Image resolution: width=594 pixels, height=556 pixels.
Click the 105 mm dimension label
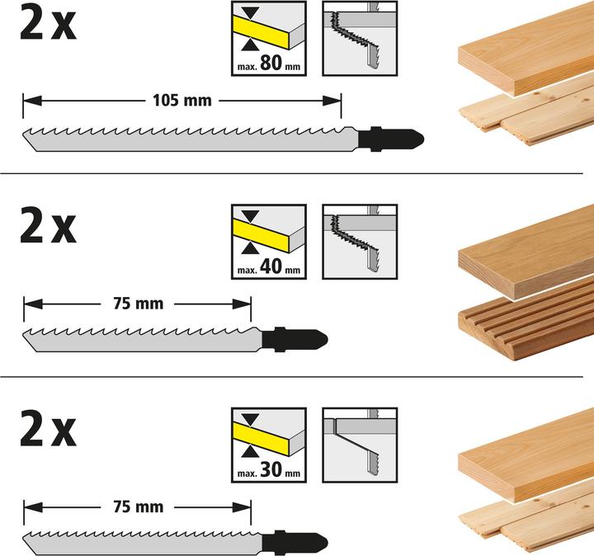tap(181, 101)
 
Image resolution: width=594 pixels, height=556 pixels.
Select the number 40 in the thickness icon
tap(274, 265)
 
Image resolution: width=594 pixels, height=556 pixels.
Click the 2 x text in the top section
tap(47, 24)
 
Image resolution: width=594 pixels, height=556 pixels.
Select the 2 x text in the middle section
tap(47, 227)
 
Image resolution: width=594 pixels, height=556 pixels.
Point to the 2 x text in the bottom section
tap(47, 431)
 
